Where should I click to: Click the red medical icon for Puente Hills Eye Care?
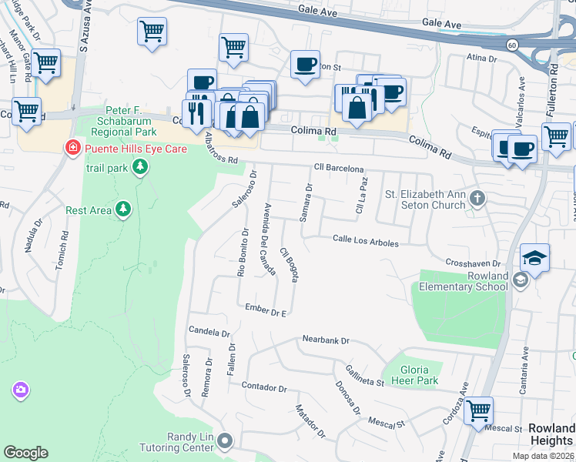73,147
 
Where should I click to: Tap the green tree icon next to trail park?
139,167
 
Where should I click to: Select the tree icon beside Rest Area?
122,209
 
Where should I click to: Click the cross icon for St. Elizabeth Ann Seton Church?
477,199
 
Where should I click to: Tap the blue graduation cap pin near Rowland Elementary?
534,258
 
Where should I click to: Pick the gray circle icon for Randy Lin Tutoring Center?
225,441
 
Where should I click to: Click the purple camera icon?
20,390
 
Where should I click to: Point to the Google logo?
25,453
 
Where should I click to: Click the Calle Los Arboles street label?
366,242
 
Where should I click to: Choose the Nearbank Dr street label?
326,340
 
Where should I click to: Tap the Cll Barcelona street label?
338,168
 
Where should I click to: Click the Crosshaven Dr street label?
474,263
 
